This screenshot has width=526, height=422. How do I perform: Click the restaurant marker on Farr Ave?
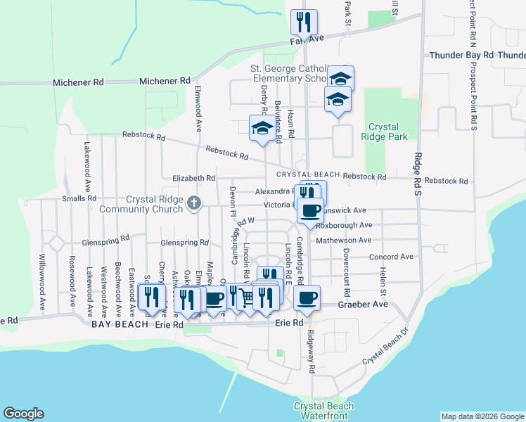coord(304,23)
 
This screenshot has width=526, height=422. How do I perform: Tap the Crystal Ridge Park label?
coord(385,132)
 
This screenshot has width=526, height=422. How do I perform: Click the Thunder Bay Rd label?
coord(472,55)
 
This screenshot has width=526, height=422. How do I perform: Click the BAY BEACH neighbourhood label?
coord(120,325)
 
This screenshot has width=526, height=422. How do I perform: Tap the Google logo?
coord(23,414)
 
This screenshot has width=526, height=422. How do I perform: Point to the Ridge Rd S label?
coord(418,168)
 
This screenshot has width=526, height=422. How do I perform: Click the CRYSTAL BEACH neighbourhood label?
coord(308,174)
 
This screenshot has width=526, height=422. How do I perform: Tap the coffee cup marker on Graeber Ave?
coord(307,298)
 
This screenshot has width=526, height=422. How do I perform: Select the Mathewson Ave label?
coord(343,241)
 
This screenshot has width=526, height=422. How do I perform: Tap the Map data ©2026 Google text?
coord(482,416)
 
